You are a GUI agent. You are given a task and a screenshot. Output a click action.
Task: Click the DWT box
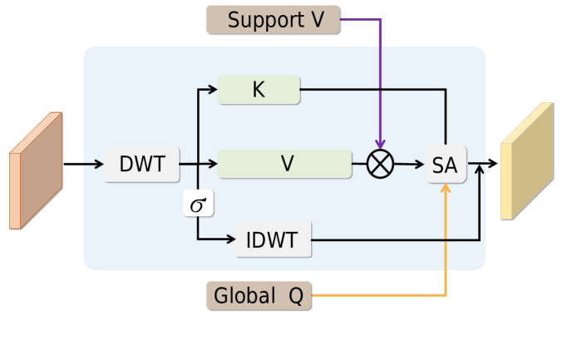142,165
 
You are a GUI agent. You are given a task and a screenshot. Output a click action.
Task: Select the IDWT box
274,239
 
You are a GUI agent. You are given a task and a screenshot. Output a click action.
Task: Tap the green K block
259,90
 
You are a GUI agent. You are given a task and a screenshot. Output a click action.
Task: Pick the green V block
285,164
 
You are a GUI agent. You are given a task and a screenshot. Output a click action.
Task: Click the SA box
446,165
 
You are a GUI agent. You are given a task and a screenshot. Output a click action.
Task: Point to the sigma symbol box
199,203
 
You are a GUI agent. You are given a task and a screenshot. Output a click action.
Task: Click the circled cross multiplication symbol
380,164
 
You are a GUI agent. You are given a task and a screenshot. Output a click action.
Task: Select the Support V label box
274,20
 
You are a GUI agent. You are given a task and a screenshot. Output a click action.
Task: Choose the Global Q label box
259,296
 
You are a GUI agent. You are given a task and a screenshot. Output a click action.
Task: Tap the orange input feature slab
36,170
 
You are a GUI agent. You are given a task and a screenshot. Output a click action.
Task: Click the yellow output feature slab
527,161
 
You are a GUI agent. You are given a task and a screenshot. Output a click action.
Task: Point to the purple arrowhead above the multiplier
380,144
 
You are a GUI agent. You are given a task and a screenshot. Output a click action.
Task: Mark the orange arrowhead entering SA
446,188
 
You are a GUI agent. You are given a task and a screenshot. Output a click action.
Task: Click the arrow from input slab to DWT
83,164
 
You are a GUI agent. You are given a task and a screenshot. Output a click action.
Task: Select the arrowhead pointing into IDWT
231,239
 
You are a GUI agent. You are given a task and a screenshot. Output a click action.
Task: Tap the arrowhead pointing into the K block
213,90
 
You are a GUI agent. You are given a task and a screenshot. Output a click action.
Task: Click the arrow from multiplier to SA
409,164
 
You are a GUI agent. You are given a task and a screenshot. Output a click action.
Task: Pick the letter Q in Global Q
296,296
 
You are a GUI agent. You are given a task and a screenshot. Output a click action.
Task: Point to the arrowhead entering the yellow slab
493,163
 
